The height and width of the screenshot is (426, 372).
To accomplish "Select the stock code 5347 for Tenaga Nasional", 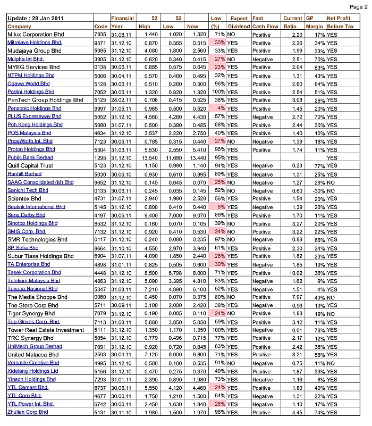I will pyautogui.click(x=101, y=289).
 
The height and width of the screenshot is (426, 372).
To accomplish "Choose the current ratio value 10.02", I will pyautogui.click(x=292, y=272).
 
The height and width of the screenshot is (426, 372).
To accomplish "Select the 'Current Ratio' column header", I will pyautogui.click(x=293, y=22).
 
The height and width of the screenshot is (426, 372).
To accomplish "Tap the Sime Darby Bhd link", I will pyautogui.click(x=26, y=215).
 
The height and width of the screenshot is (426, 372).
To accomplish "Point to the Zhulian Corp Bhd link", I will pyautogui.click(x=28, y=412).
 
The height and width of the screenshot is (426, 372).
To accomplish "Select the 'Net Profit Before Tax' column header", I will pyautogui.click(x=342, y=22).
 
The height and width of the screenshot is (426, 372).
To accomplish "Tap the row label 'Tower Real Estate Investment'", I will pyautogui.click(x=46, y=330).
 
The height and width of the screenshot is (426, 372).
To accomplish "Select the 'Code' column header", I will pyautogui.click(x=100, y=26).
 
